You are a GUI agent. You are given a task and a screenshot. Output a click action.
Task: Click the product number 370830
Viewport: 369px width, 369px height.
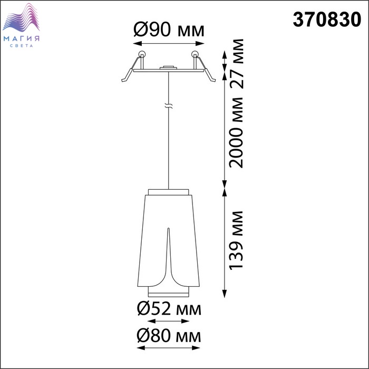pyautogui.click(x=327, y=20)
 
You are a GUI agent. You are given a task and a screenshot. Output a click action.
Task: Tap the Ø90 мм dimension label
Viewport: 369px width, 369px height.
pyautogui.click(x=169, y=30)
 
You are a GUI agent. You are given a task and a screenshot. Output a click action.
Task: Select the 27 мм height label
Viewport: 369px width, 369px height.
pyautogui.click(x=236, y=64)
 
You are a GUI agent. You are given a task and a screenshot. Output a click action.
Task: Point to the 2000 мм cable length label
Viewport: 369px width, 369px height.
pyautogui.click(x=236, y=132)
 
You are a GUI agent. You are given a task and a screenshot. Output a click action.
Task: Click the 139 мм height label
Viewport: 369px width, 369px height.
pyautogui.click(x=236, y=240)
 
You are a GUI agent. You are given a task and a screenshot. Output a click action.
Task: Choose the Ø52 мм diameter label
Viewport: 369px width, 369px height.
pyautogui.click(x=169, y=309)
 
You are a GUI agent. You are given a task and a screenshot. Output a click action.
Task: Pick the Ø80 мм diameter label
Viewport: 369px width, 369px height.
pyautogui.click(x=169, y=336)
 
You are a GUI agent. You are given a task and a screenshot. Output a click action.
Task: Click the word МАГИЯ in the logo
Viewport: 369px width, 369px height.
pyautogui.click(x=22, y=38)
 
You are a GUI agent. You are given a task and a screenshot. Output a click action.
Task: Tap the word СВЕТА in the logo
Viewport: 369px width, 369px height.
pyautogui.click(x=22, y=45)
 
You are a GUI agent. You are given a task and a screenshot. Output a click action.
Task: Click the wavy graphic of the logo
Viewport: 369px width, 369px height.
pyautogui.click(x=21, y=17)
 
